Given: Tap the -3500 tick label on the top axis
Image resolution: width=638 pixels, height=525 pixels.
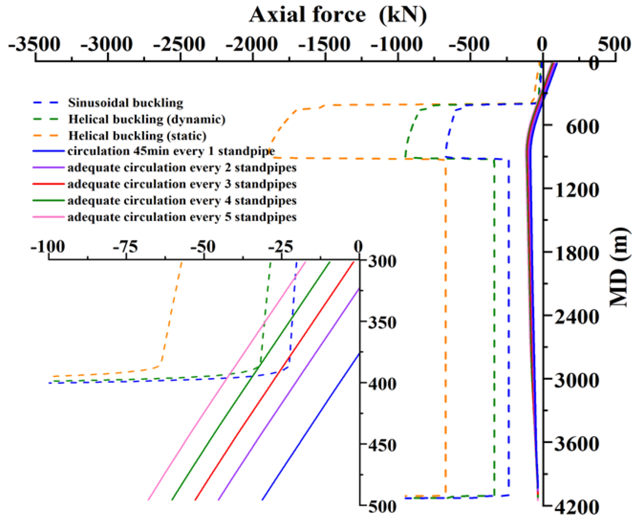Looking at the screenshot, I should pyautogui.click(x=34, y=44).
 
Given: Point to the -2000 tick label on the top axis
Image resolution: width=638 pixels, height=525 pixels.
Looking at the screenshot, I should pyautogui.click(x=251, y=44).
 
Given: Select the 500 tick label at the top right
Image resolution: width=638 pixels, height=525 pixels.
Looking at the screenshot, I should pyautogui.click(x=614, y=44).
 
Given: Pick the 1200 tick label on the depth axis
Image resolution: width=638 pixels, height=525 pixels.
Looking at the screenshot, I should pyautogui.click(x=576, y=190).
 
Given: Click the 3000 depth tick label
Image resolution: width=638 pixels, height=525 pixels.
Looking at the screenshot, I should pyautogui.click(x=576, y=380).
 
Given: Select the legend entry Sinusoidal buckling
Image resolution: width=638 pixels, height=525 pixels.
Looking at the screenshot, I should pyautogui.click(x=125, y=103).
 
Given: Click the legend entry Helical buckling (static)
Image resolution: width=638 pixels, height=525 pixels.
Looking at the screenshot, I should pyautogui.click(x=137, y=136).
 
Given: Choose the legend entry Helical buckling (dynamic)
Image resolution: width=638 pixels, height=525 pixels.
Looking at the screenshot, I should pyautogui.click(x=147, y=119).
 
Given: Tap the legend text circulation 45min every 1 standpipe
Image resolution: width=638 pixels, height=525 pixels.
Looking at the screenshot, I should pyautogui.click(x=171, y=151).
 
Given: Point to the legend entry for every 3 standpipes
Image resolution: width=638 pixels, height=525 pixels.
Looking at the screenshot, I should pyautogui.click(x=182, y=184).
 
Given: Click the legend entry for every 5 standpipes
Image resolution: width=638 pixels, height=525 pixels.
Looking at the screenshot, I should pyautogui.click(x=182, y=217).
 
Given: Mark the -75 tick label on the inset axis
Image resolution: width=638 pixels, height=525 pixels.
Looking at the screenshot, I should pyautogui.click(x=125, y=247).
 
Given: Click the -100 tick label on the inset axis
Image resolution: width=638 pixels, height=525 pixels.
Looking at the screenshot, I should pyautogui.click(x=48, y=247).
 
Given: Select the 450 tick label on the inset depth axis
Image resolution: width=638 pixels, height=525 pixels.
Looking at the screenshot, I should pyautogui.click(x=382, y=446).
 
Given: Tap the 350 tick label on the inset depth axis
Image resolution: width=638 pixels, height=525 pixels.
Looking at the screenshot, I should pyautogui.click(x=382, y=323).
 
